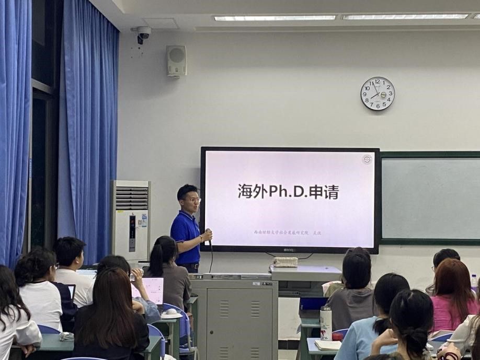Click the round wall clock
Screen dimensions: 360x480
click(378, 94)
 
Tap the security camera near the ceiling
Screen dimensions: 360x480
click(142, 34)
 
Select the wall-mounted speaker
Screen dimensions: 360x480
click(176, 61)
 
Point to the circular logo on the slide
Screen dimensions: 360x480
click(367, 159)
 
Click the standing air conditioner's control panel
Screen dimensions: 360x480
click(132, 233)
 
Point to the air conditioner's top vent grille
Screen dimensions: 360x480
click(131, 198)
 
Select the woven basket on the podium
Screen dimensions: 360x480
click(286, 261)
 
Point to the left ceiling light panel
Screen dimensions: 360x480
click(275, 18)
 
